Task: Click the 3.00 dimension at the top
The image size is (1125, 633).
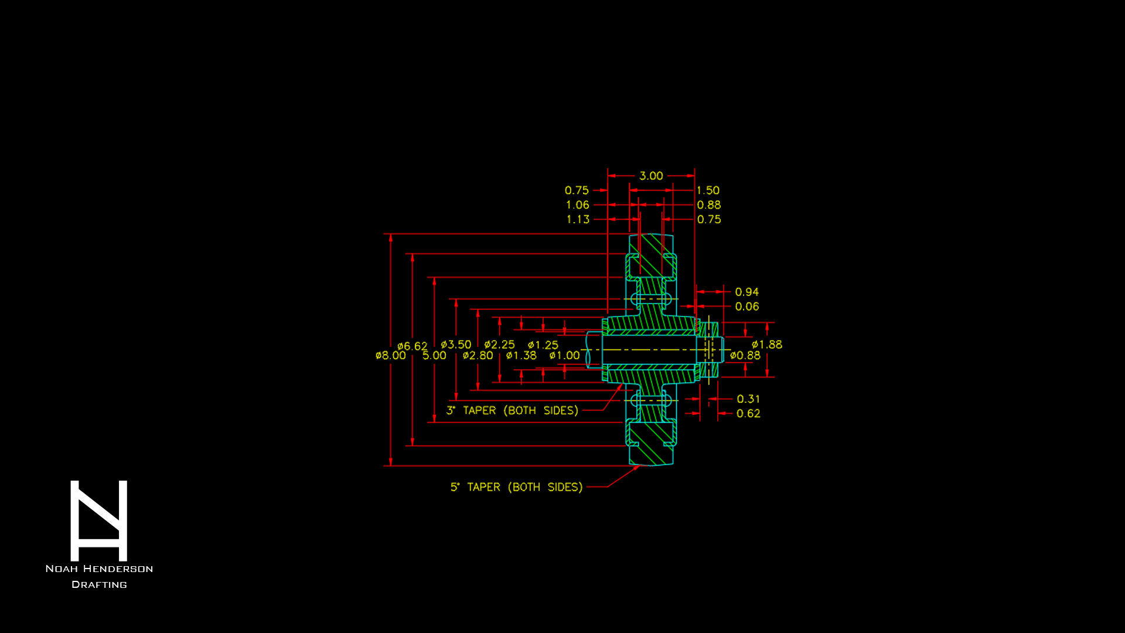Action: point(651,176)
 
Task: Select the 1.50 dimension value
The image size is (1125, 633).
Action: point(708,190)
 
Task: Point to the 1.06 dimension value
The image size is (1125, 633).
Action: point(577,205)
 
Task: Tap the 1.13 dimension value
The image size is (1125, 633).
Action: point(578,219)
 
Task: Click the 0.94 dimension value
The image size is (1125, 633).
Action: point(746,292)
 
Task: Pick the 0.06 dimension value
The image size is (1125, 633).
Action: point(746,307)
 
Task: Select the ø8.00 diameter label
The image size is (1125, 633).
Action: point(390,356)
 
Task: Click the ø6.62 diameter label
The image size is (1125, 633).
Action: point(412,346)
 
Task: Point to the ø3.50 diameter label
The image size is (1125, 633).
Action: point(456,345)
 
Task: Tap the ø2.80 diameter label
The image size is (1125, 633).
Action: point(478,356)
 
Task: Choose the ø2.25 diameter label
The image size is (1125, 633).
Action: point(499,345)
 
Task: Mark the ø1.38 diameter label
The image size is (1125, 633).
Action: point(521,356)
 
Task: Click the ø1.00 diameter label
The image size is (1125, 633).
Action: point(564,356)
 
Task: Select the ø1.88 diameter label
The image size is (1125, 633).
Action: point(766,345)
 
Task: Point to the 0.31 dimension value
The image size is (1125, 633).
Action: point(748,399)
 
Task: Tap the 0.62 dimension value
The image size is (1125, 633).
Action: point(748,414)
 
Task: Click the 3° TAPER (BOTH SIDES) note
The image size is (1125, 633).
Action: point(512,410)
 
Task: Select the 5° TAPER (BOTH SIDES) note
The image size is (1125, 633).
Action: point(516,487)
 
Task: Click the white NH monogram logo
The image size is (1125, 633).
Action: point(98,520)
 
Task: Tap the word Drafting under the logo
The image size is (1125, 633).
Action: point(99,584)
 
